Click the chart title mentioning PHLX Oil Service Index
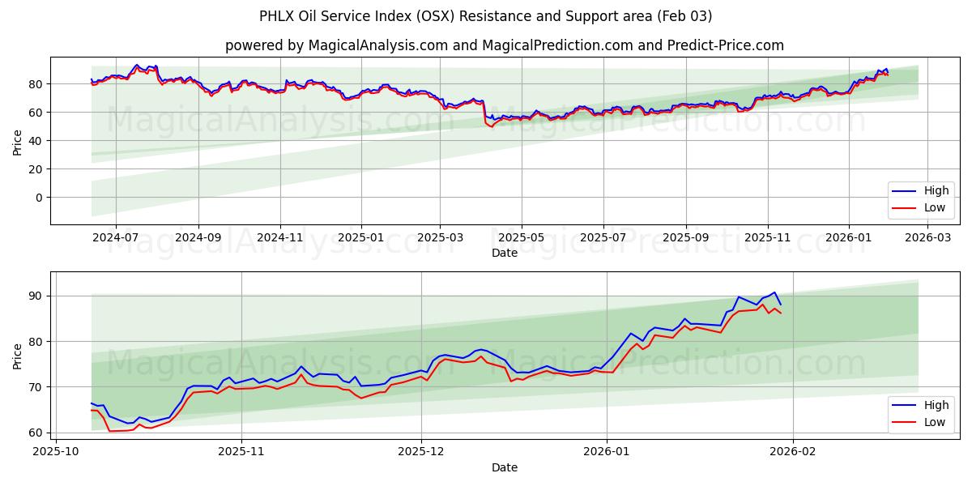[x=486, y=16]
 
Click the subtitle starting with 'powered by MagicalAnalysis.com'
[x=504, y=45]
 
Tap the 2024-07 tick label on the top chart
[x=115, y=238]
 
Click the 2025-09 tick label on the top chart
[x=686, y=238]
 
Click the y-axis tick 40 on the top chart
[x=35, y=141]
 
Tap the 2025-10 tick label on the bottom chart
[x=57, y=448]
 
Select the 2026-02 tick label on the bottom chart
[x=793, y=448]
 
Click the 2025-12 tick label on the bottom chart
[x=421, y=448]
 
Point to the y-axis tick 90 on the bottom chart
[x=35, y=296]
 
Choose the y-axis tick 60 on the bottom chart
[x=35, y=433]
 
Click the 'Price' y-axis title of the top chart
[x=18, y=141]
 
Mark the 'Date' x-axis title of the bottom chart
[x=504, y=467]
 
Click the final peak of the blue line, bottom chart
[x=774, y=292]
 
